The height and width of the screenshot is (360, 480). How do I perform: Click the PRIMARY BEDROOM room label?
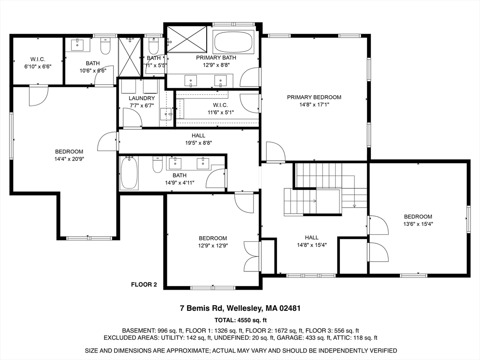pos(314,97)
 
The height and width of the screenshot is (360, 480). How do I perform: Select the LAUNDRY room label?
pos(142,98)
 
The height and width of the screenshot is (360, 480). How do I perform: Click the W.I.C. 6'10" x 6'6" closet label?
pos(37,59)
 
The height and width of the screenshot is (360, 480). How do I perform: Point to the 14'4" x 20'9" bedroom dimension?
pos(69,158)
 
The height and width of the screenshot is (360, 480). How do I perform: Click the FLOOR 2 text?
pos(143,284)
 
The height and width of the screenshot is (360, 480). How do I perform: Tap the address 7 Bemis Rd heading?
pos(240,308)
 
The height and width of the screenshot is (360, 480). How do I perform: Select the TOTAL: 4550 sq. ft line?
pos(240,321)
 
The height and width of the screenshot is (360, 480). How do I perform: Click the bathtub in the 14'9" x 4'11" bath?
pos(129,173)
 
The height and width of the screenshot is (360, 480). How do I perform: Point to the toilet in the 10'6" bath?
pos(105,46)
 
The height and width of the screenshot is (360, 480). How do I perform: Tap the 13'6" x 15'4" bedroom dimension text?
pos(418,224)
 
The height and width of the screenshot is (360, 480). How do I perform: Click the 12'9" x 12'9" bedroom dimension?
pos(212,245)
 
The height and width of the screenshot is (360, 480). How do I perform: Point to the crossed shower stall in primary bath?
pos(187,39)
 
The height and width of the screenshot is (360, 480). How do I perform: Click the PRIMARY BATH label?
pos(216,58)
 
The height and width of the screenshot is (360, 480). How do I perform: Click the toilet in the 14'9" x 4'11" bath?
pos(157,165)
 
